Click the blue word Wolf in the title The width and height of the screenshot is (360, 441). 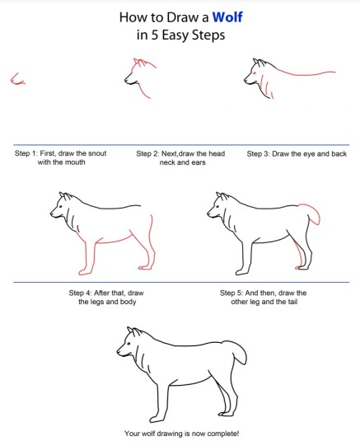point(227,17)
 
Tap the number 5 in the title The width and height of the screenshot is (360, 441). point(154,35)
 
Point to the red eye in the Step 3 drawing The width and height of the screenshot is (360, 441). point(255,73)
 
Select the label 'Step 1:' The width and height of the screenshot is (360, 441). point(26,153)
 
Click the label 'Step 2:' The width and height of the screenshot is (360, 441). point(147,153)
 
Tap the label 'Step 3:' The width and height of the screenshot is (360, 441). point(259,154)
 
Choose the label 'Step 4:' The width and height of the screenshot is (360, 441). point(80,293)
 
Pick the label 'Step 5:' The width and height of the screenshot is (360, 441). point(231,293)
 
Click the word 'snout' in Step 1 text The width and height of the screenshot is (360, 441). point(97,153)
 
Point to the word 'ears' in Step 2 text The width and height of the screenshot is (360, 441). point(199,162)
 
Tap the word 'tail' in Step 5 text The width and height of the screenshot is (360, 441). point(292,302)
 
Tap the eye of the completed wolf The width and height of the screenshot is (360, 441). point(129,344)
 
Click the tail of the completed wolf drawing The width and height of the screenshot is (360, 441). point(239,351)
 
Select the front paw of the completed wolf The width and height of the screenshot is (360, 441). point(157,419)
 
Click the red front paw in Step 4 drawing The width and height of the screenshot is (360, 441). point(84,272)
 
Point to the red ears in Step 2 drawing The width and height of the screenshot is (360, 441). point(140,62)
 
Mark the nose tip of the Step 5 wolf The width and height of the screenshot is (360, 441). point(208,213)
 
